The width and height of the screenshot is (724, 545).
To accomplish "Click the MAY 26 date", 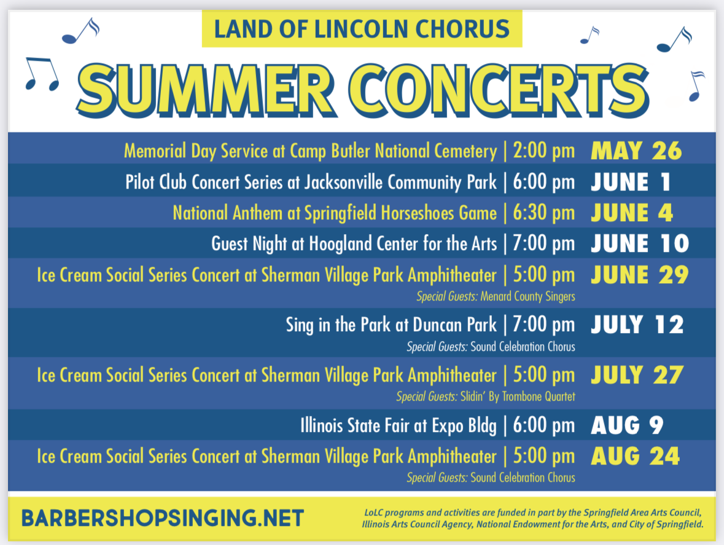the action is click(636, 151).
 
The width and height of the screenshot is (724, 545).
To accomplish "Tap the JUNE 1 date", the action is click(631, 182).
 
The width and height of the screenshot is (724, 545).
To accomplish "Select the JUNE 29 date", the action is click(639, 275).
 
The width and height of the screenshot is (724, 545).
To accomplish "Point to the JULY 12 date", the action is click(637, 324).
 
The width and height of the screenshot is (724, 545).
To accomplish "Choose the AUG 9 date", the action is click(627, 425).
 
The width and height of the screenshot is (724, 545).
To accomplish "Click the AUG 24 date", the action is click(636, 457).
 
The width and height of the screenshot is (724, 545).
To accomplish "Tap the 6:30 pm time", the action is click(544, 213).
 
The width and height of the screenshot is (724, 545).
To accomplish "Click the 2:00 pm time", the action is click(544, 151).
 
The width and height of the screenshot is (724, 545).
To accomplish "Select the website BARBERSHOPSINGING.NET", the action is click(163, 518).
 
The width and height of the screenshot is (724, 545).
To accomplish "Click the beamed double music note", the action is click(42, 74).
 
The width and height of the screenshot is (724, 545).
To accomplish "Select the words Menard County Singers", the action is click(527, 297).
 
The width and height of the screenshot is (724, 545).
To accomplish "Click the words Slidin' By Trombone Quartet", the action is click(518, 397).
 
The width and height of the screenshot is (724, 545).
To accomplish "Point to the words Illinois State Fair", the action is click(355, 425).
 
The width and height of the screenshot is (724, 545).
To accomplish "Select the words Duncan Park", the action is click(455, 324).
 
